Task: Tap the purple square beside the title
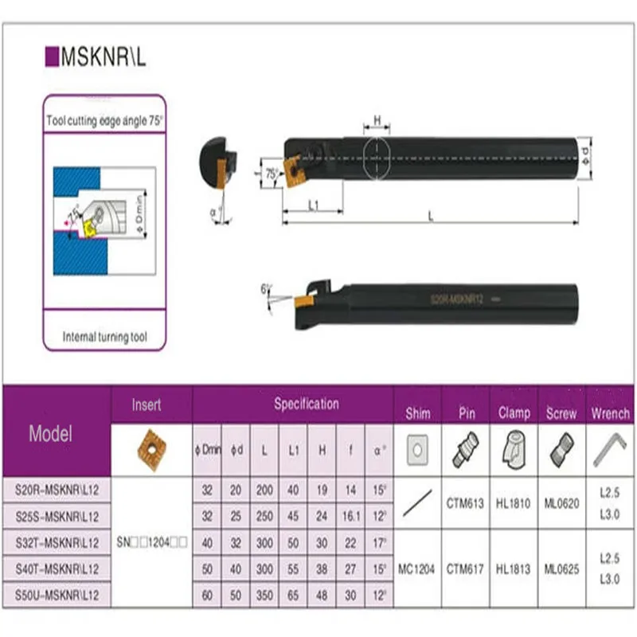[53, 57]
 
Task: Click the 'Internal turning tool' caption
[105, 337]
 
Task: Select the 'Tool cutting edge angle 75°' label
[105, 122]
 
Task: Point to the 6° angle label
[266, 288]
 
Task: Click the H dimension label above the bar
[378, 120]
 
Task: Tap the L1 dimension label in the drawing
[312, 205]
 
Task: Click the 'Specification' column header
[306, 404]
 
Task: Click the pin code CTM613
[465, 503]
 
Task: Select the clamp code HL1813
[514, 569]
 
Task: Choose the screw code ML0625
[561, 569]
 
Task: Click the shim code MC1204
[417, 569]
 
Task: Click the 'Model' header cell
[50, 433]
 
